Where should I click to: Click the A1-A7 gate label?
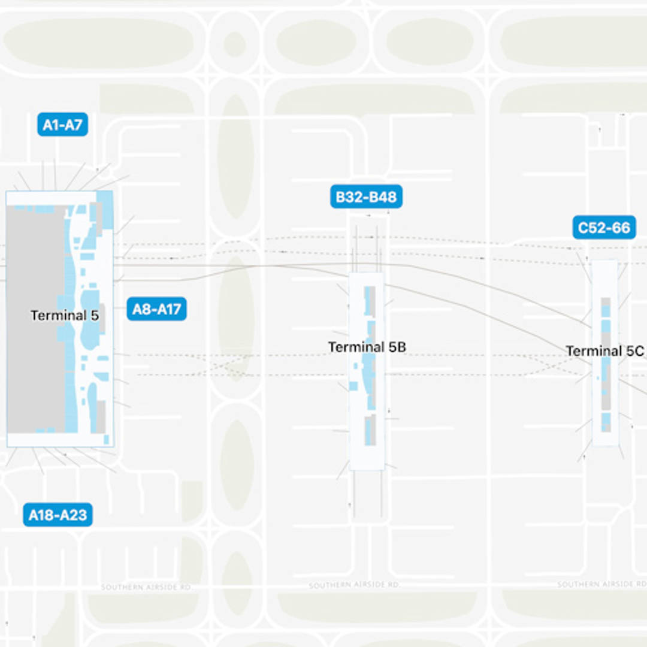(62, 125)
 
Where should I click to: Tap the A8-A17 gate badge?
(156, 309)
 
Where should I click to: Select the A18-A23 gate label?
(58, 515)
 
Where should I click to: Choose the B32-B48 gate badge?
(366, 197)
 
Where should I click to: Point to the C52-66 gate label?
(604, 228)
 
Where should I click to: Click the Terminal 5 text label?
(65, 315)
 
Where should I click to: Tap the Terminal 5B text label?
(367, 347)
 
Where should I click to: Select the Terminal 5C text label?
(605, 351)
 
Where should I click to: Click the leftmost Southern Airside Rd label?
(146, 587)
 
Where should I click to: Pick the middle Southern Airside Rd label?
(354, 585)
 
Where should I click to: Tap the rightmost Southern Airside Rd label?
(602, 584)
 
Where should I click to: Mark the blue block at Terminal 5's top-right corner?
(105, 208)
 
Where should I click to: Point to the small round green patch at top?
(234, 44)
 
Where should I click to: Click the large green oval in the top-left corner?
(98, 43)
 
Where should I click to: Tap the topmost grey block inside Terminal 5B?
(370, 300)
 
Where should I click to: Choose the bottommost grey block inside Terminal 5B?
(370, 430)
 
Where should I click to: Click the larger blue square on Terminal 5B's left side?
(353, 386)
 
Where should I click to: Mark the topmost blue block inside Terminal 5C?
(606, 311)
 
